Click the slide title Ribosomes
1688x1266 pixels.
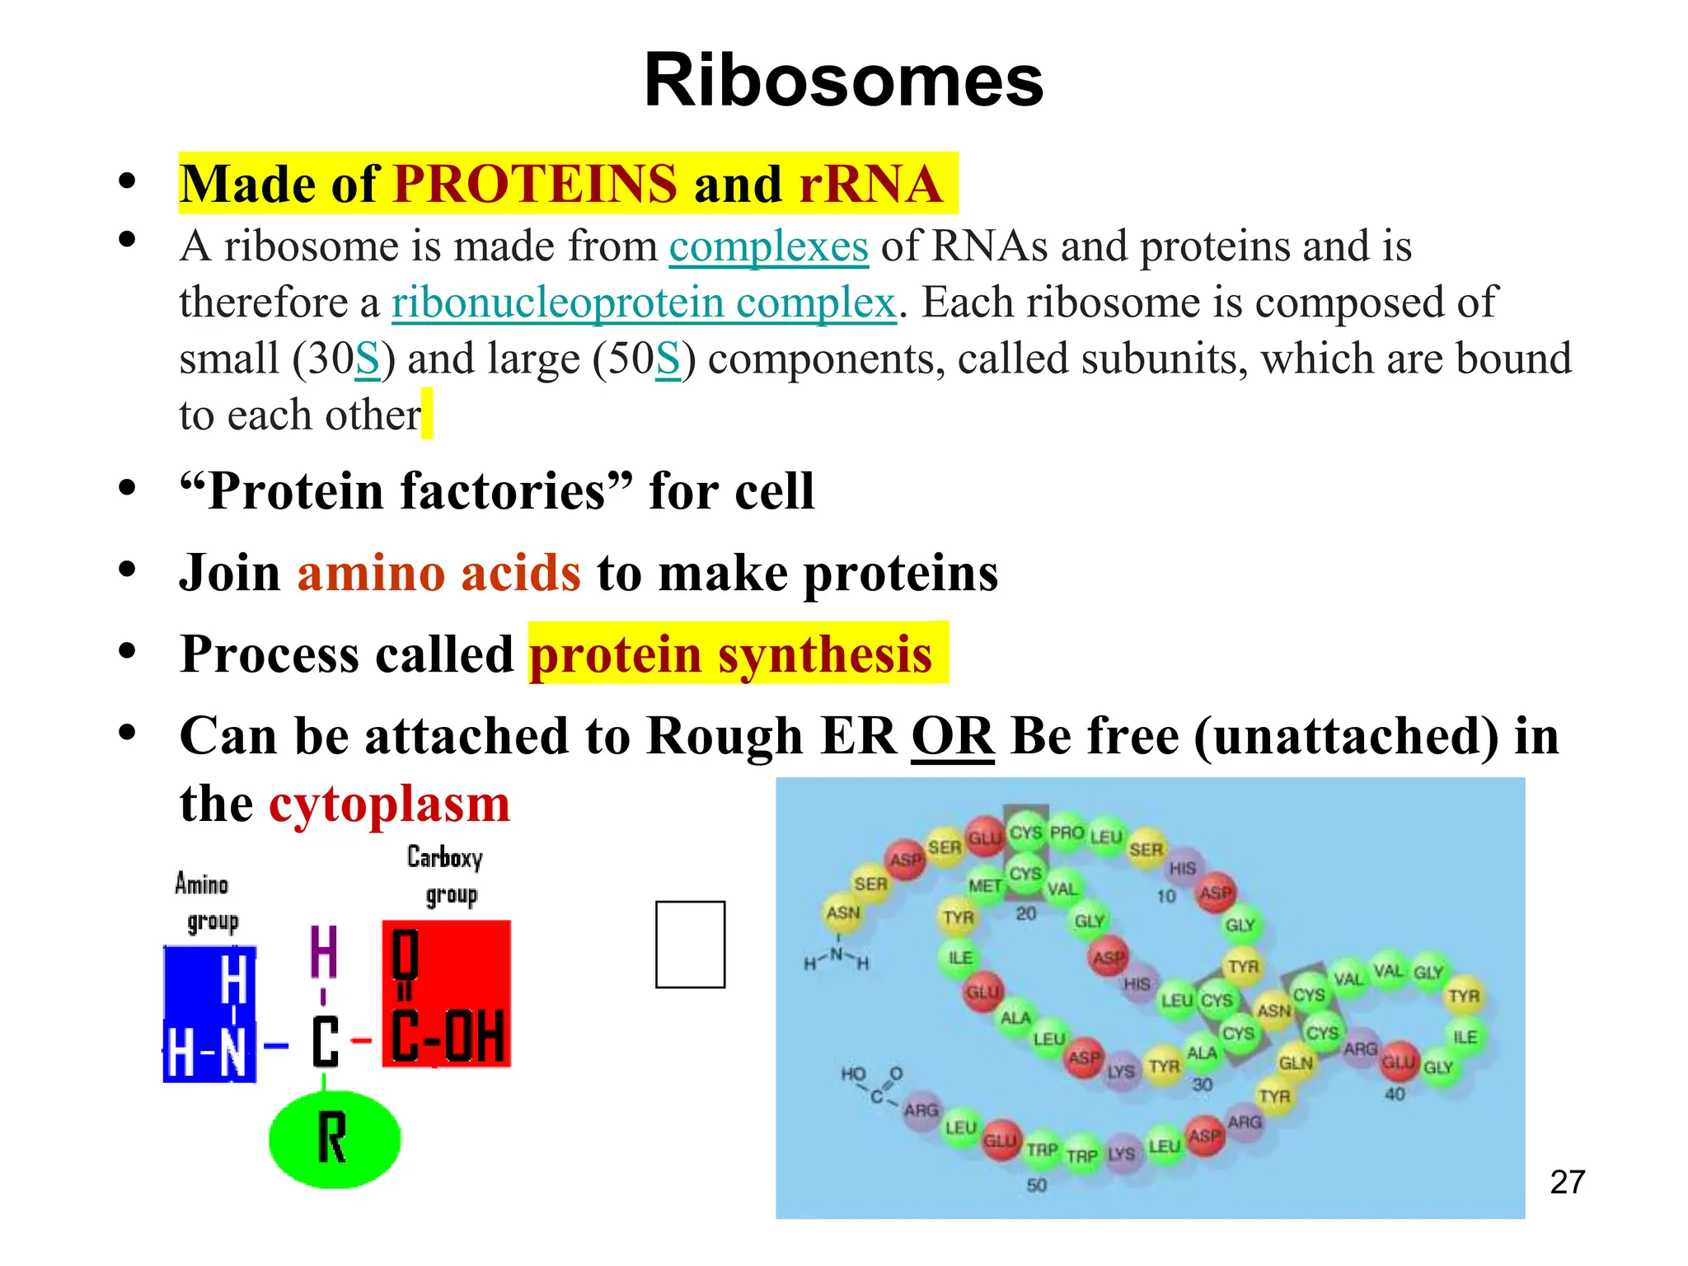(x=843, y=81)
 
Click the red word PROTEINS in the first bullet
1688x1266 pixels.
(x=535, y=184)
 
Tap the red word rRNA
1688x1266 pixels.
(x=870, y=184)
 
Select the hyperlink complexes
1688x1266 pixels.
(x=768, y=246)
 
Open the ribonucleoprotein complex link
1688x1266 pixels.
(x=643, y=302)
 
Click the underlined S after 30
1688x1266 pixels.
(x=368, y=359)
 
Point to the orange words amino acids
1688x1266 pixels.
(x=438, y=573)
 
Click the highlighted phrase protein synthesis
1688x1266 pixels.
(x=730, y=654)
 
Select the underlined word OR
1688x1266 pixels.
(x=952, y=736)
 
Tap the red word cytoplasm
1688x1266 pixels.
(x=389, y=804)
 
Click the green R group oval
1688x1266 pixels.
(x=334, y=1140)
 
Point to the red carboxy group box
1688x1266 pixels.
(x=446, y=994)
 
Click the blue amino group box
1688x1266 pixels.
(x=209, y=1014)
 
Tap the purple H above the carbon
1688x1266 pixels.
(x=323, y=952)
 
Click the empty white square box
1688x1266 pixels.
(x=690, y=945)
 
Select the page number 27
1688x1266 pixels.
(x=1567, y=1183)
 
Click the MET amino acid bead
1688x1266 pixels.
(x=984, y=886)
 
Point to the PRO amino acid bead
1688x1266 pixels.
(x=1067, y=833)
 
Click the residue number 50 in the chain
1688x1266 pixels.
(x=1036, y=1185)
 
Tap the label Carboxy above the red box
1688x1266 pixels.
(x=444, y=858)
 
